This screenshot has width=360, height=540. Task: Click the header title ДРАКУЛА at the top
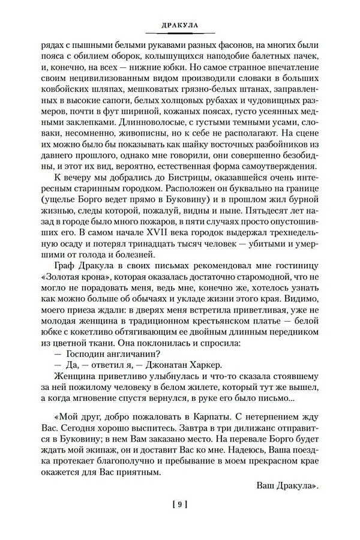[x=180, y=26]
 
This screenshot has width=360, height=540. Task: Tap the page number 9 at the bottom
[x=179, y=505]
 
